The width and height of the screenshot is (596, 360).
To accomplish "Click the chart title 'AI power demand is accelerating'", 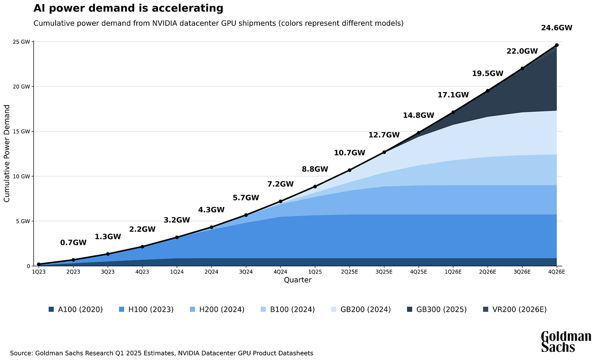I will pos(128,8).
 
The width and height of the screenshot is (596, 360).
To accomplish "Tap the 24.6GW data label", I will pos(556,28).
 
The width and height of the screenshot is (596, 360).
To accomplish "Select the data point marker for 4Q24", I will pos(280,201).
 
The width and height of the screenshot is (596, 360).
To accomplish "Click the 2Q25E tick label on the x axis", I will pos(349,271).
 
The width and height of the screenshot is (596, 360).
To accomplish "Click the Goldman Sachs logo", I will pos(566,342).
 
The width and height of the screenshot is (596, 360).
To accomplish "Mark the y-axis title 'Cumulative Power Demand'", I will pos(7,153).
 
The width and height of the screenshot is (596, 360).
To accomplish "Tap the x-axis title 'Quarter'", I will pos(298,280).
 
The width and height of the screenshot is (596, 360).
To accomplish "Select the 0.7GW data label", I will pos(73,243).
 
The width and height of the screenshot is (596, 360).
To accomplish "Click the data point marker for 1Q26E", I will pos(453,112).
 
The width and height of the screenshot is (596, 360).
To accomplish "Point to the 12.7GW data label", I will pos(384,135).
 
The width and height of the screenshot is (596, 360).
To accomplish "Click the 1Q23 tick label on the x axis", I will pos(38,271).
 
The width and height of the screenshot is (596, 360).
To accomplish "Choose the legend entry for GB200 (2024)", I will pos(361,309).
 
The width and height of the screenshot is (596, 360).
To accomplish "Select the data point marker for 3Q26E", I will pos(522,68).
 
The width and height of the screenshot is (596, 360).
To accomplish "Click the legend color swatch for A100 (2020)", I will pos(51,309).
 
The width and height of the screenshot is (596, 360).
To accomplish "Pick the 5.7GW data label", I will pos(246,198).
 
